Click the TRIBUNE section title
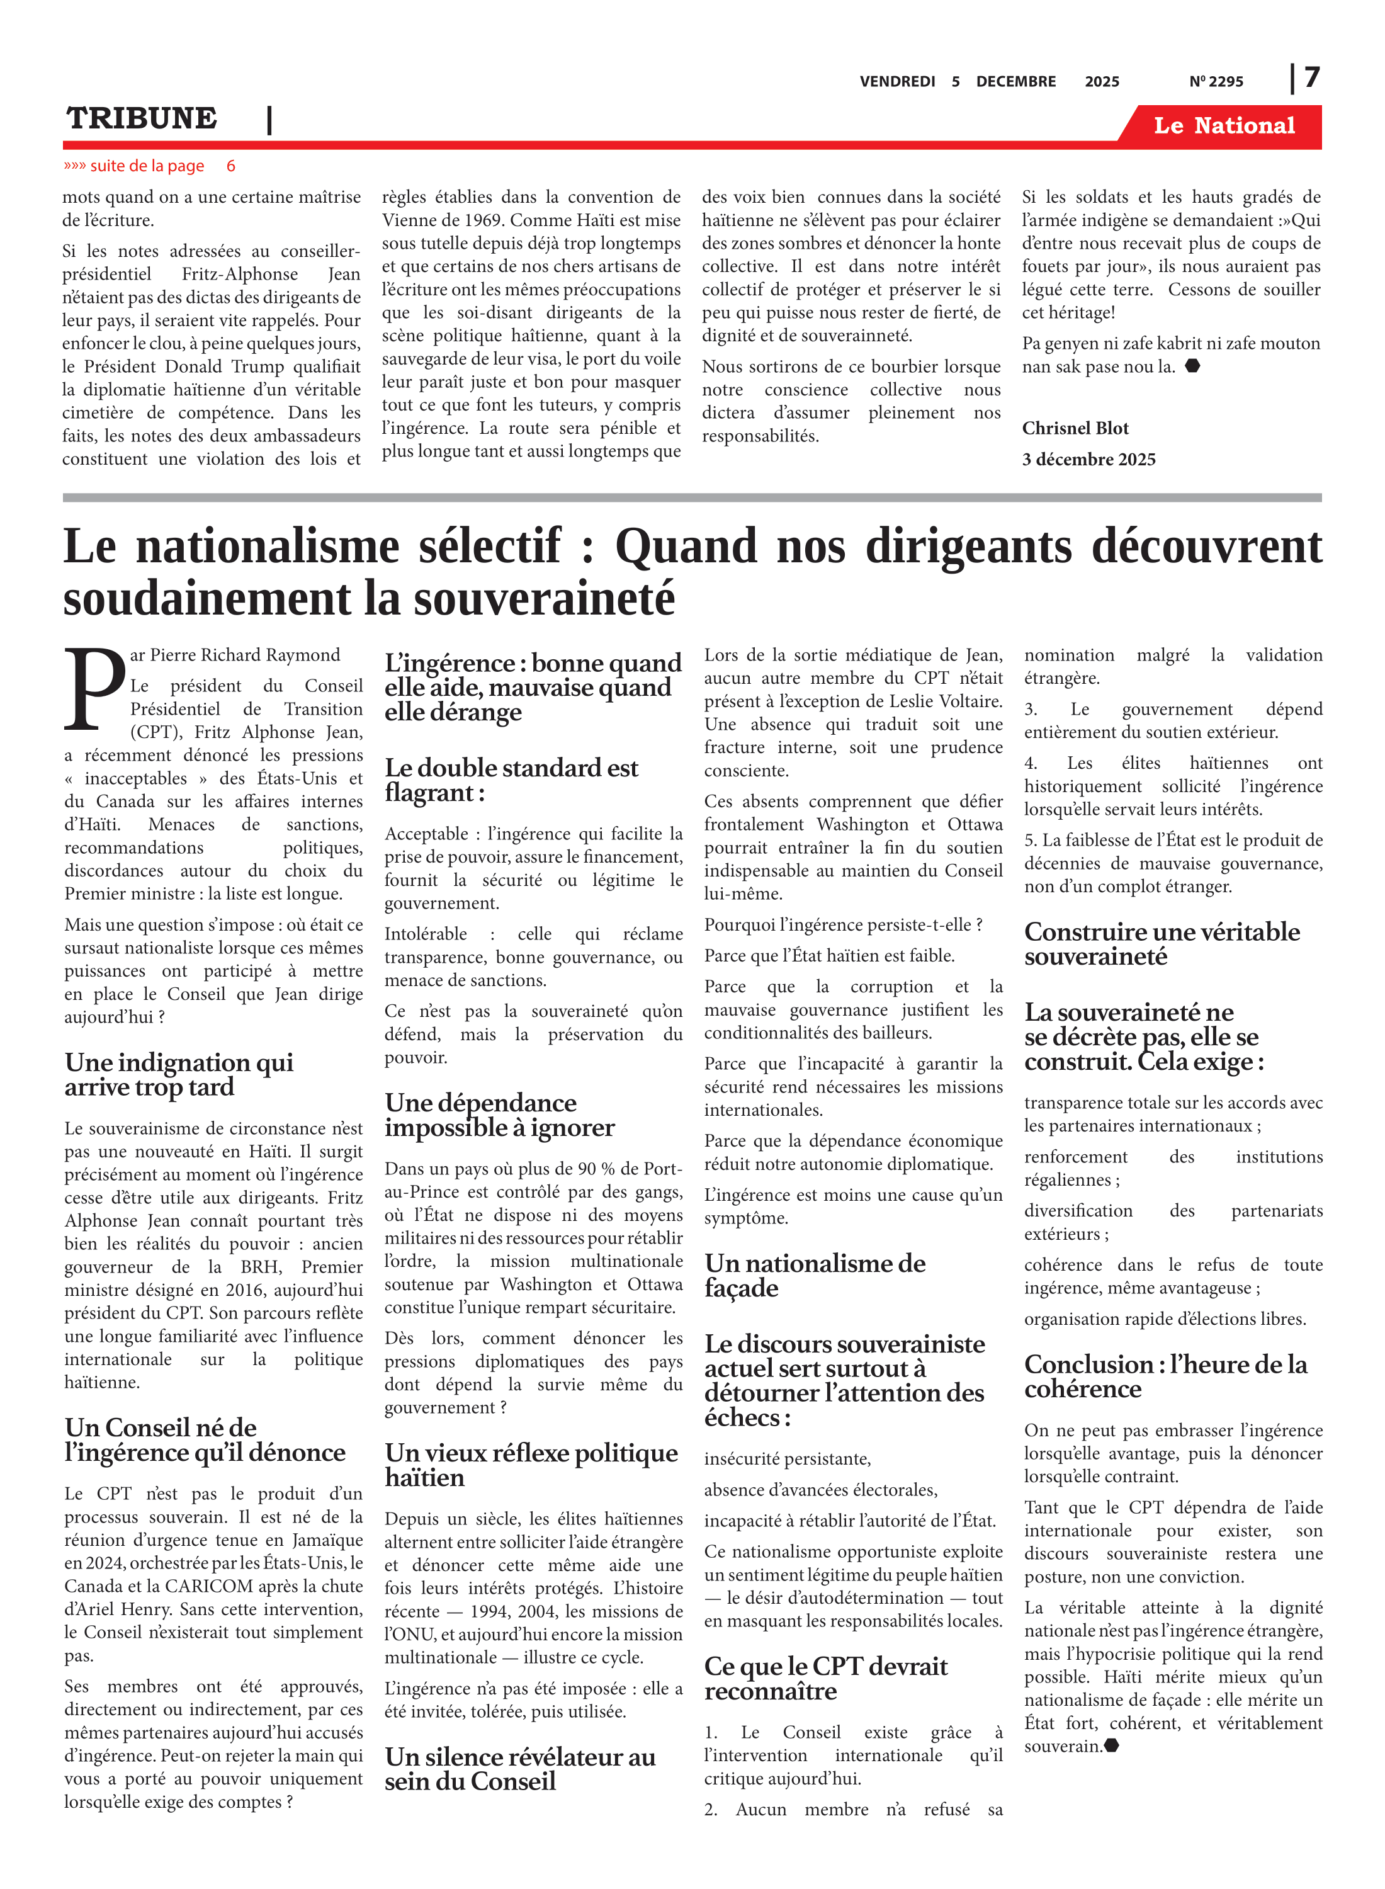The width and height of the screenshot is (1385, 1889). pos(142,119)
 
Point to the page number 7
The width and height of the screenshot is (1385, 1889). pos(1312,77)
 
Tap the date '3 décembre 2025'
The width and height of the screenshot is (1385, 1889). pos(1088,460)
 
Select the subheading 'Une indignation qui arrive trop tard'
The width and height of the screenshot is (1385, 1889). pos(179,1075)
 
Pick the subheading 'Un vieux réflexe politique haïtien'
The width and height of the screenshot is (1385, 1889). pos(531,1465)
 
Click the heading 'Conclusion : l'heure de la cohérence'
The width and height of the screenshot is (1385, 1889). pos(1165,1376)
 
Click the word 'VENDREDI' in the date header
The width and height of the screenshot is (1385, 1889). pos(897,81)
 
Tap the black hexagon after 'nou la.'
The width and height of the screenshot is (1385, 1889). pos(1192,366)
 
